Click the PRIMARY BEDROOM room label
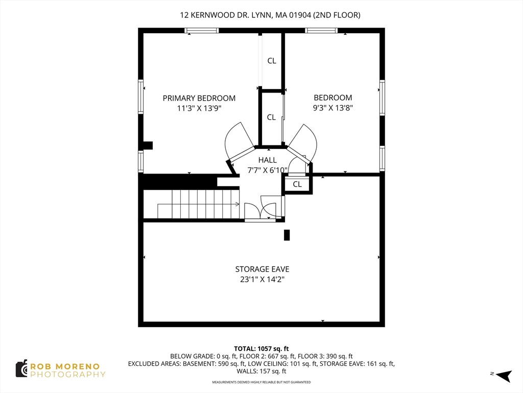[199, 98]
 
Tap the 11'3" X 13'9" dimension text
[199, 108]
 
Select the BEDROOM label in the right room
[333, 98]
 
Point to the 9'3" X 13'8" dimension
[333, 107]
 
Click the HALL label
[268, 160]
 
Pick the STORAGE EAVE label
[262, 269]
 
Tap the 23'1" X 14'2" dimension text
[262, 279]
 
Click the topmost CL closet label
[272, 61]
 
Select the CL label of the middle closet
[272, 117]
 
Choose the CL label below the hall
[297, 184]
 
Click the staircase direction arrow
[199, 204]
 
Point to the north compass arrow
[504, 376]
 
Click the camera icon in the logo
[21, 369]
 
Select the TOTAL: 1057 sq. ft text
[261, 349]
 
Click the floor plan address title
[270, 15]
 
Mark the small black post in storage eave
[287, 235]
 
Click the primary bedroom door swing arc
[236, 140]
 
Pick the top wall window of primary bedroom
[202, 30]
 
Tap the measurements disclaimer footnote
[261, 382]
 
